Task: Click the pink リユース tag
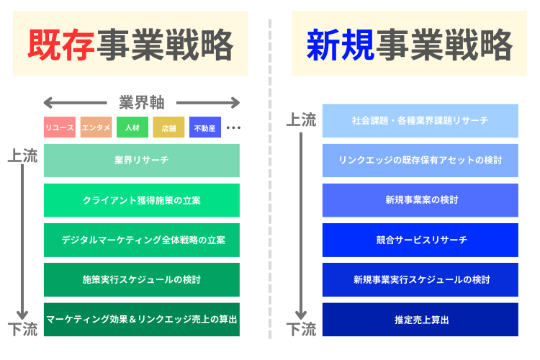click(60, 127)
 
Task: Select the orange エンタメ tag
click(96, 127)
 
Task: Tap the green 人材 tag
click(132, 127)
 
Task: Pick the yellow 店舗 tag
click(168, 127)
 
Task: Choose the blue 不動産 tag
click(205, 127)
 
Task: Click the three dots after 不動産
click(233, 127)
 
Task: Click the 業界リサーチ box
click(142, 160)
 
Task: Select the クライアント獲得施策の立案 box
click(142, 200)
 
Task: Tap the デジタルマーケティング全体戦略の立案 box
click(142, 240)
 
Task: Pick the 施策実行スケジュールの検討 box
click(142, 279)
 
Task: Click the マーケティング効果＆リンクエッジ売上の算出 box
click(142, 319)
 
